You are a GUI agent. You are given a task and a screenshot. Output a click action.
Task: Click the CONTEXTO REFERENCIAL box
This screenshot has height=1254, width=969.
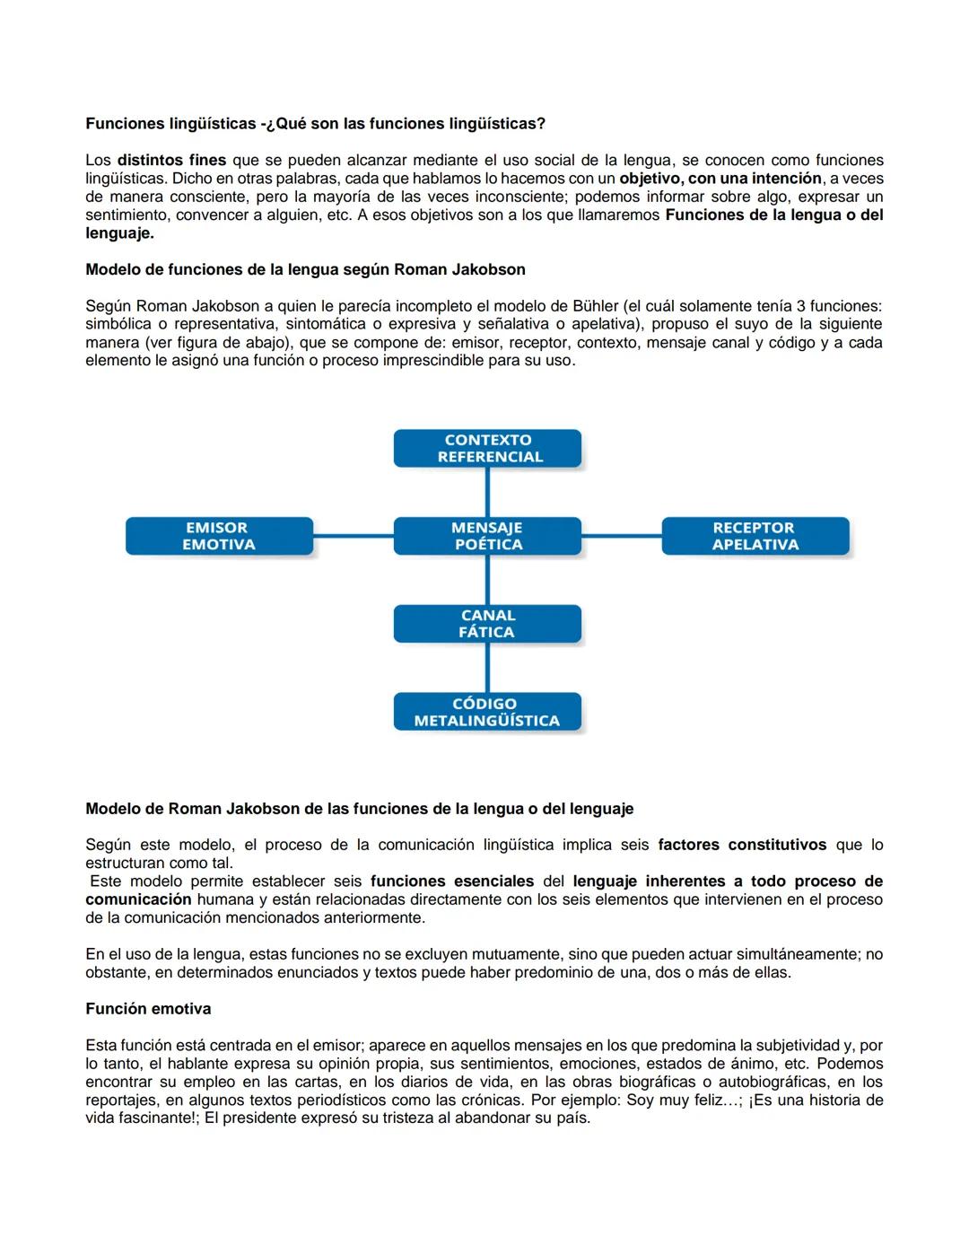coord(487,448)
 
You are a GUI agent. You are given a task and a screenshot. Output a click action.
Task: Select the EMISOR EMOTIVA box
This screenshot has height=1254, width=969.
coord(219,536)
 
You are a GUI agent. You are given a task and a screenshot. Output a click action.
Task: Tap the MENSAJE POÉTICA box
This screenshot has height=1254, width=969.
coord(487,536)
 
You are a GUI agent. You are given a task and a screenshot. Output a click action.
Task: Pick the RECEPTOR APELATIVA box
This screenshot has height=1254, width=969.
coord(755,536)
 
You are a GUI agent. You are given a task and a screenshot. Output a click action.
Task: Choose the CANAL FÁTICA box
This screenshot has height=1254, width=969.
coord(487,624)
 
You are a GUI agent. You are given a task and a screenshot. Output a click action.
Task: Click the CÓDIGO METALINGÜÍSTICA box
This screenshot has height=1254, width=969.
coord(487,712)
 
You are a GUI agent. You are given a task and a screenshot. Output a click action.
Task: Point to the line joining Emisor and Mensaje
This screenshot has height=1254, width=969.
coord(354,536)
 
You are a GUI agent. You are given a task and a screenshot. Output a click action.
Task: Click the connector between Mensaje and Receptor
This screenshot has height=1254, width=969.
coord(621,536)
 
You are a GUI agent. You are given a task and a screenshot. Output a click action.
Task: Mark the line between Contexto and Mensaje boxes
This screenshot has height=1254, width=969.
coord(487,492)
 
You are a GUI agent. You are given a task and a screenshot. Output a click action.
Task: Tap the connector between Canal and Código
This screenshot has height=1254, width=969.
coord(487,668)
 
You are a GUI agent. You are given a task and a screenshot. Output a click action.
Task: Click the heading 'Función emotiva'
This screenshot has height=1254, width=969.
coord(148,1009)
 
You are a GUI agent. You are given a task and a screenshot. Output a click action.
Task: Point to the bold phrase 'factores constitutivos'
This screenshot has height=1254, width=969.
coord(742,845)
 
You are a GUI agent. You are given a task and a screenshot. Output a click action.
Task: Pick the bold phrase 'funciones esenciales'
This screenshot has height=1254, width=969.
coord(451,881)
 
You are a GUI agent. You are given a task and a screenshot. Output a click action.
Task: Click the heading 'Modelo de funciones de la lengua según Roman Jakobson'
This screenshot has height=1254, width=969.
coord(305,269)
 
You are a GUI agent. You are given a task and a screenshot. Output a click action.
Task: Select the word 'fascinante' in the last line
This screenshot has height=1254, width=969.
coord(153,1118)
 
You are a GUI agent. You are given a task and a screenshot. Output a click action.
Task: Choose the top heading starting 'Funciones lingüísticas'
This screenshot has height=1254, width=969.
coord(315,123)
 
